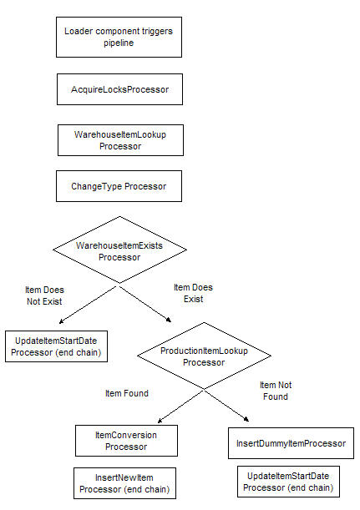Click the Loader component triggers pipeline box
(119, 37)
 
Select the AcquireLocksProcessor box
(119, 89)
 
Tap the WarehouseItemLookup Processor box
(120, 140)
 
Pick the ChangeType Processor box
(119, 186)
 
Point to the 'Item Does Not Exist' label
(44, 295)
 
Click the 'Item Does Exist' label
(193, 293)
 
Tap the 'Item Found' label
(127, 393)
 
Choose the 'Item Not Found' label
(276, 391)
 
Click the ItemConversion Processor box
(126, 441)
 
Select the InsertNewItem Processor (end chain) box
(124, 483)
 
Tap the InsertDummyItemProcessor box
(291, 443)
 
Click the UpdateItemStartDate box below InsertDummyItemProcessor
(288, 482)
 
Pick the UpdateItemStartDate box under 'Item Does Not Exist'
(56, 346)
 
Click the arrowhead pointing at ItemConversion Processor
(160, 421)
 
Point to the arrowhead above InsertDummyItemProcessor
(246, 419)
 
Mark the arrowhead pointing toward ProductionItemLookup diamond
(169, 320)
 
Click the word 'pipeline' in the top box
(119, 43)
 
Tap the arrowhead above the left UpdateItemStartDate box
(62, 321)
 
